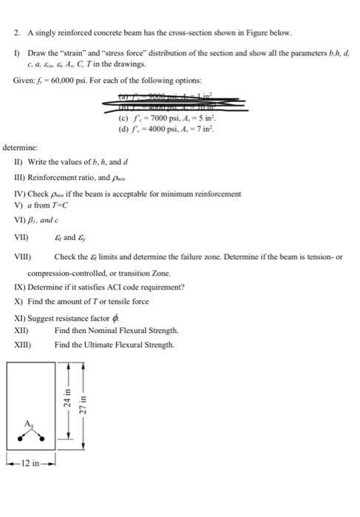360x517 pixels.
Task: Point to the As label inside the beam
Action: [x=30, y=423]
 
